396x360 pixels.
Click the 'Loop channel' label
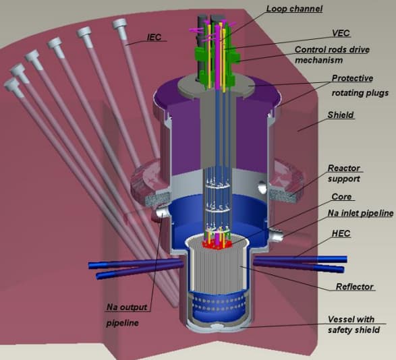[295, 9]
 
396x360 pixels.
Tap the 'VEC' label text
[341, 33]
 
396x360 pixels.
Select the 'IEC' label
[154, 37]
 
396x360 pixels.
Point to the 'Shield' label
[341, 115]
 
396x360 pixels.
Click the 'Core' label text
[341, 197]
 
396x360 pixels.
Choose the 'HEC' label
[341, 233]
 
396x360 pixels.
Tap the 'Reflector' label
[354, 287]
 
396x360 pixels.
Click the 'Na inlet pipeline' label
[360, 213]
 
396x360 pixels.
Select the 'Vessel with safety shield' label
[353, 325]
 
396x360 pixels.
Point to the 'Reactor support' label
[344, 173]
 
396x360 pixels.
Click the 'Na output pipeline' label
[127, 315]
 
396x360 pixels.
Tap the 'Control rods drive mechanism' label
[332, 55]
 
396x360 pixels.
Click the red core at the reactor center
[217, 244]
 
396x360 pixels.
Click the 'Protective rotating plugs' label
[360, 86]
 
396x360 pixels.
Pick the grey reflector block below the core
[217, 268]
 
